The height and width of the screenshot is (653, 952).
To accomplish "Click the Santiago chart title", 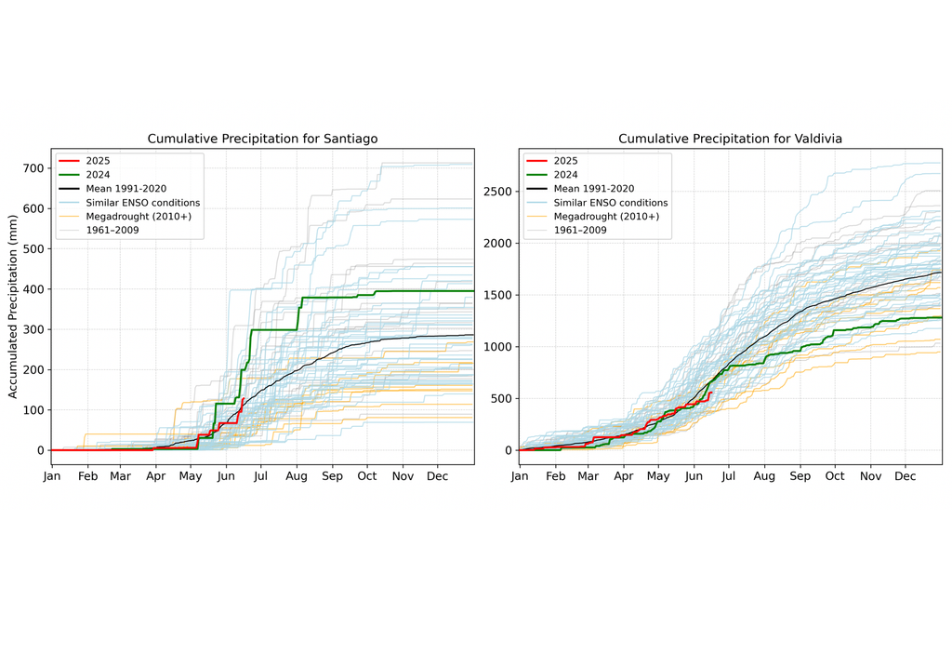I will [x=262, y=139].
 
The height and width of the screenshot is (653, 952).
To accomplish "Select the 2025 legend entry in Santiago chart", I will [x=97, y=160].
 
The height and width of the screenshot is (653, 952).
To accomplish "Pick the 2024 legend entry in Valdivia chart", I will [x=566, y=174].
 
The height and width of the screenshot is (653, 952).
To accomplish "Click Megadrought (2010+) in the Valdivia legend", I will [x=606, y=216].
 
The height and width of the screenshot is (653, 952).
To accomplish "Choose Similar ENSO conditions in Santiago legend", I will [x=142, y=202].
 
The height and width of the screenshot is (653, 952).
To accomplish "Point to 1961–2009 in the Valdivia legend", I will [x=580, y=230].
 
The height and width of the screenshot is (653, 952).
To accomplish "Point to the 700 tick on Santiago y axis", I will [x=33, y=168].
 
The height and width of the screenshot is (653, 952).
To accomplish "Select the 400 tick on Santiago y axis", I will [x=33, y=289].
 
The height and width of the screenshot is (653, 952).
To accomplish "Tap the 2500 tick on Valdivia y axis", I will [x=497, y=192].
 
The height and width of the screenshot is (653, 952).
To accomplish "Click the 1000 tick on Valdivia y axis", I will [x=497, y=347].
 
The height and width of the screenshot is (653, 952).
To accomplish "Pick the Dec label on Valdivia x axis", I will [x=906, y=476].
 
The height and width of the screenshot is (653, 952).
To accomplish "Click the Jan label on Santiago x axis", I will [x=52, y=476].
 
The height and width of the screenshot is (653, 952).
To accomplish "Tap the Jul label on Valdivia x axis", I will [x=728, y=476].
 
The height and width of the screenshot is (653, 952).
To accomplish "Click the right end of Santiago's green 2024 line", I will [x=473, y=291].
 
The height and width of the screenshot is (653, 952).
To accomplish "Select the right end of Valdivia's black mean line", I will [x=941, y=273].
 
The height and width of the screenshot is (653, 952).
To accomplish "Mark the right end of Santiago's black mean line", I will [x=473, y=335].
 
